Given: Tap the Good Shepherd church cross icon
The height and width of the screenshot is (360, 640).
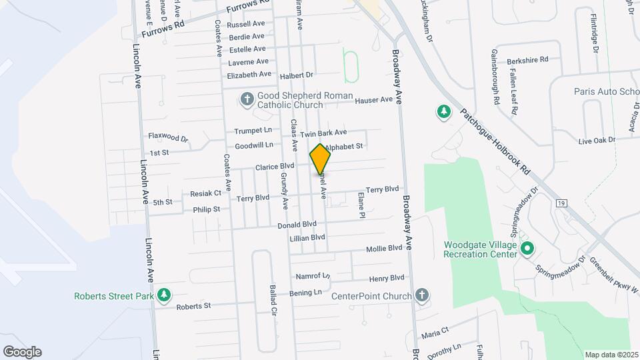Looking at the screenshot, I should [247, 99].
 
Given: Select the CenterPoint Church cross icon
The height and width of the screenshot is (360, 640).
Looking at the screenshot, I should [421, 295].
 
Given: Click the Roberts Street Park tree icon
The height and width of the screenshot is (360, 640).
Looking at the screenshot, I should [163, 295].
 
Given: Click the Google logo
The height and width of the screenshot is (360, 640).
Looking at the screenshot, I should [22, 352].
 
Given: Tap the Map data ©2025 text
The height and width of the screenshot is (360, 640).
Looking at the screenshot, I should [611, 355].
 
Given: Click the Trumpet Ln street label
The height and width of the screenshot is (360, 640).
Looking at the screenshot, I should [254, 130].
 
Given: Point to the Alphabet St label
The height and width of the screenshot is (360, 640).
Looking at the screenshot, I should [345, 146].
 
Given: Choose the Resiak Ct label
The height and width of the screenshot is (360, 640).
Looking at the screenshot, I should [205, 193].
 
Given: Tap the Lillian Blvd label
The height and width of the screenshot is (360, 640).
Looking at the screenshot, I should [307, 237].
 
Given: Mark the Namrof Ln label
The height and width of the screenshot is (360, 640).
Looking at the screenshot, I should [312, 275].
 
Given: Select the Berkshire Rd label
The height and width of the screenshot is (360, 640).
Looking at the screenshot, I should [527, 60].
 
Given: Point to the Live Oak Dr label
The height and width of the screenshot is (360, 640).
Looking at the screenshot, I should [596, 141].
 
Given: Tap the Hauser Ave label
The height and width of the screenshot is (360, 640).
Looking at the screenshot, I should [374, 100].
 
